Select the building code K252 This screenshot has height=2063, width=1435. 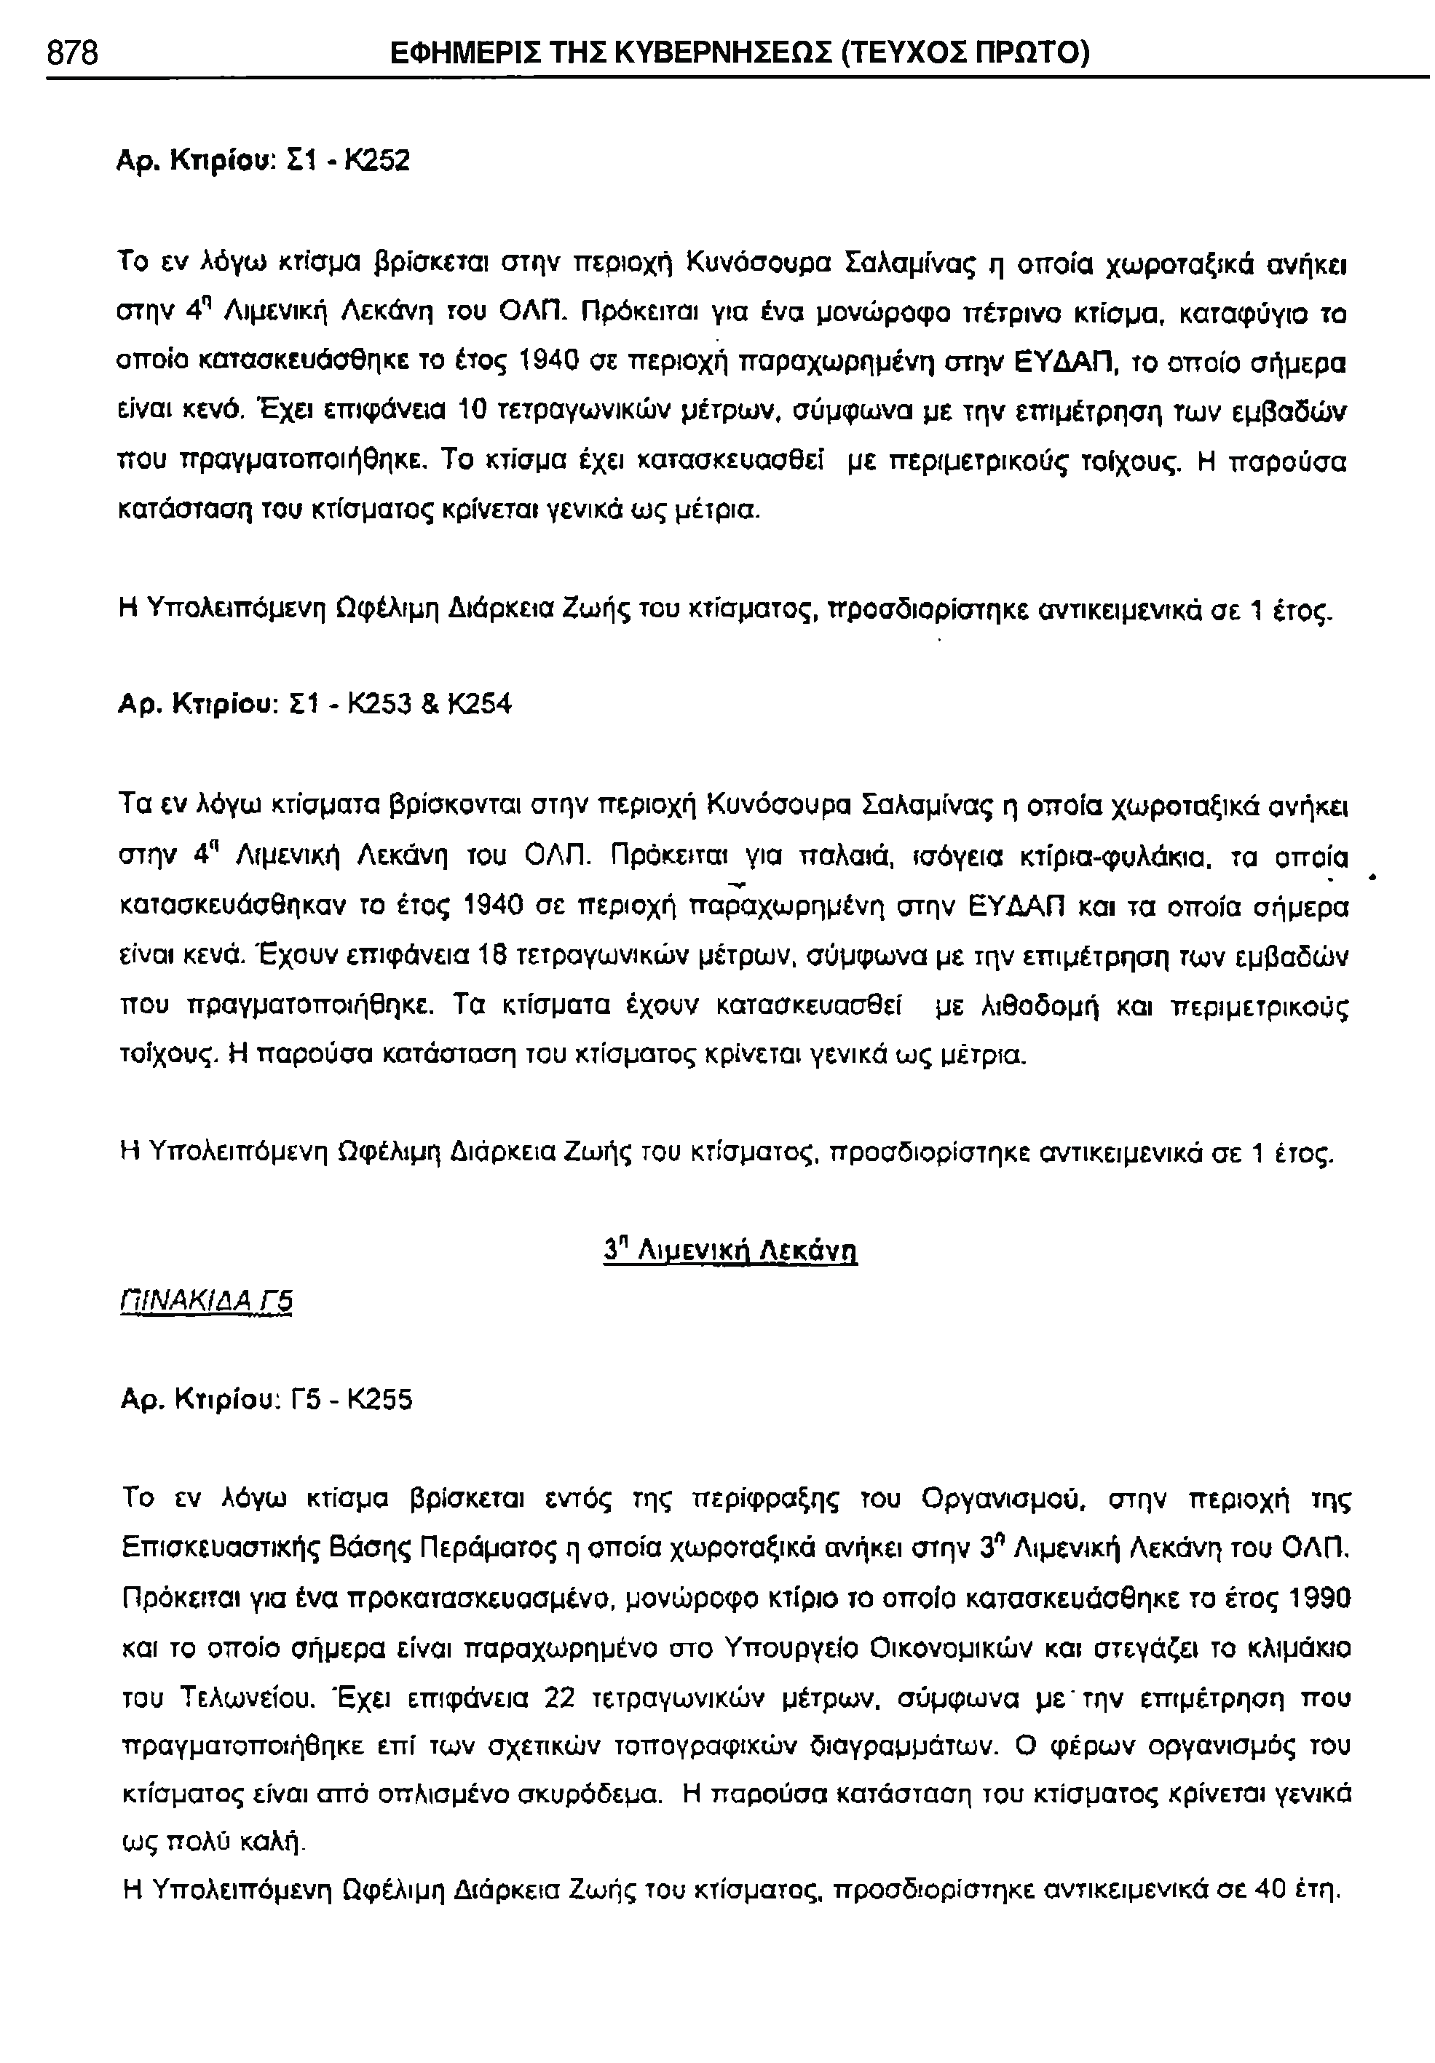[379, 161]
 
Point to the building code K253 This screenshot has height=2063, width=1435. [379, 703]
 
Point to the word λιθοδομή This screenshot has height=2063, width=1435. [1016, 1003]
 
